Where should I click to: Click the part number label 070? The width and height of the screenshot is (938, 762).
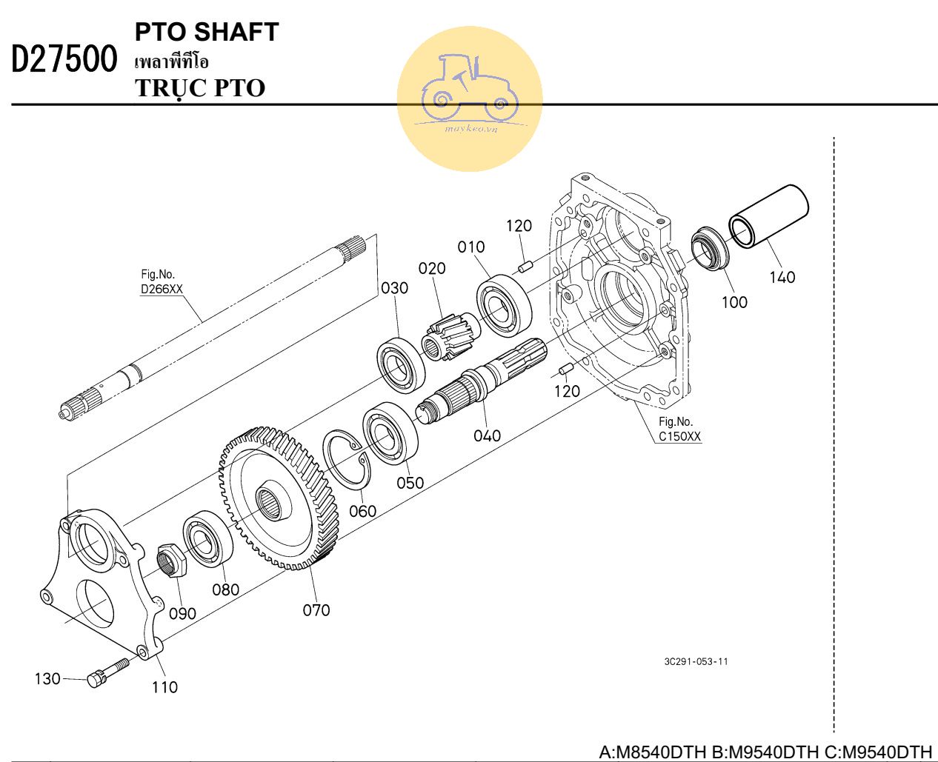[x=316, y=610]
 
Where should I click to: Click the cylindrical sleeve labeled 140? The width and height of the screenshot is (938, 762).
[x=768, y=215]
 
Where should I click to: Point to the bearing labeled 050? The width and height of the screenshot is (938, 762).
[x=390, y=432]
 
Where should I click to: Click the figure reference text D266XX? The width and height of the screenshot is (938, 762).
[x=162, y=290]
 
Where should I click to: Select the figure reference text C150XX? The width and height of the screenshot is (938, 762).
[x=679, y=436]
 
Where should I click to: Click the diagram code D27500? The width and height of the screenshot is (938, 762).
[x=64, y=60]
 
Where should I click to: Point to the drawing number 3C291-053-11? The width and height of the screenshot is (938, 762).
[x=696, y=661]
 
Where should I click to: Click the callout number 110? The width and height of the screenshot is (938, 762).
[x=164, y=687]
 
